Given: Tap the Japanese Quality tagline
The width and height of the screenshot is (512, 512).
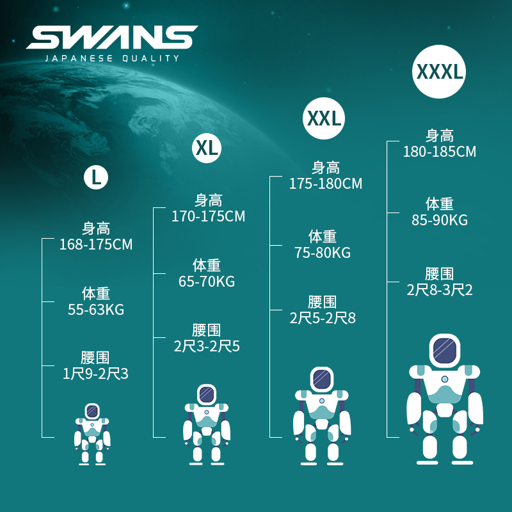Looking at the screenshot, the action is pos(112,58).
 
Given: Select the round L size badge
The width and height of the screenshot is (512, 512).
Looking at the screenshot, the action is pos(96,177).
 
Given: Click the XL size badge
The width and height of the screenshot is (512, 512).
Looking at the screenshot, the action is pos(207,148).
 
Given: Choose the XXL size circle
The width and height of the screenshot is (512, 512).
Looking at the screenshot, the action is pos(324,118).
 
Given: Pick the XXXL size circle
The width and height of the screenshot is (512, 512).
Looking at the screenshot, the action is pos(439,71).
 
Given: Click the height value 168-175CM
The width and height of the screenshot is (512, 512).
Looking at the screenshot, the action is pos(96,244).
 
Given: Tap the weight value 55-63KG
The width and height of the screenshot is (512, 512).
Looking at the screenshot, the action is pos(96,310).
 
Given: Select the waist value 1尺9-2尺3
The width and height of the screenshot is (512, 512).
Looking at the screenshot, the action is pos(96,374).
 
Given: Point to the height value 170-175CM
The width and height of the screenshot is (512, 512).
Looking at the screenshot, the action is pos(208,216).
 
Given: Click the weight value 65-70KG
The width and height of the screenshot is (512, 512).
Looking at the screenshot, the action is pos(207,282).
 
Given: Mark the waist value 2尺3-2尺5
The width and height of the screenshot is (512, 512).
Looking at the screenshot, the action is pos(207,346).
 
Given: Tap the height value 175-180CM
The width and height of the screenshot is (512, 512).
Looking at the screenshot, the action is pos(326,184).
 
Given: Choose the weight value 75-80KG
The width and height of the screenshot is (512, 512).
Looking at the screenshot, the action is pos(323,253).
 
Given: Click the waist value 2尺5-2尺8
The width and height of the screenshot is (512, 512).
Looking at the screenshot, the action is pos(323,318).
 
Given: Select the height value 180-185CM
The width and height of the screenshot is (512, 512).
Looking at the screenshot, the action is pos(440,152).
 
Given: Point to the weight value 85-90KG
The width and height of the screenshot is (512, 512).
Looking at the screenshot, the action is pos(440,220).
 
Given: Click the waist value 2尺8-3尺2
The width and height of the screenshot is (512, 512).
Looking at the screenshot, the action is pos(440,290).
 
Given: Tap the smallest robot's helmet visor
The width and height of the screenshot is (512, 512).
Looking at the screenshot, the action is pos(92,410).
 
